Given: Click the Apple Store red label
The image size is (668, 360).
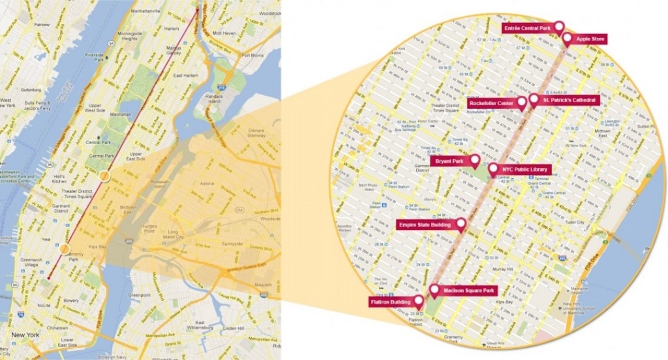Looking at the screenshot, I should [x=591, y=40].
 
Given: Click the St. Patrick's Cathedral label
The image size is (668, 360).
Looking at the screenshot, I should [x=569, y=100].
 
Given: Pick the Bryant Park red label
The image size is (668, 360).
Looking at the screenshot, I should [x=449, y=160].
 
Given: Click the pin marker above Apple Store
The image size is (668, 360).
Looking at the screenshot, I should [x=567, y=39].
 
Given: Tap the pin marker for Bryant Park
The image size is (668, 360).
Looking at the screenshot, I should [x=475, y=160].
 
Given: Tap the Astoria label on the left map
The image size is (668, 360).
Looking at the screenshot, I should [x=207, y=185].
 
